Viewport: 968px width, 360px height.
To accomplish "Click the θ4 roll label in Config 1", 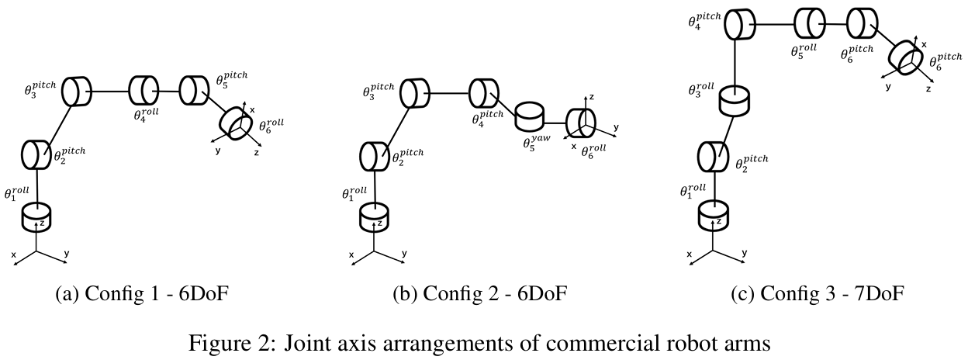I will [147, 116].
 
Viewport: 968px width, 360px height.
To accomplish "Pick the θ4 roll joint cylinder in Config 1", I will [142, 90].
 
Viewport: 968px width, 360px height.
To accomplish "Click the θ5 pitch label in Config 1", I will [231, 80].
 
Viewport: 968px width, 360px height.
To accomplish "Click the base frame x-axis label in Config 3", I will [690, 255].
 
